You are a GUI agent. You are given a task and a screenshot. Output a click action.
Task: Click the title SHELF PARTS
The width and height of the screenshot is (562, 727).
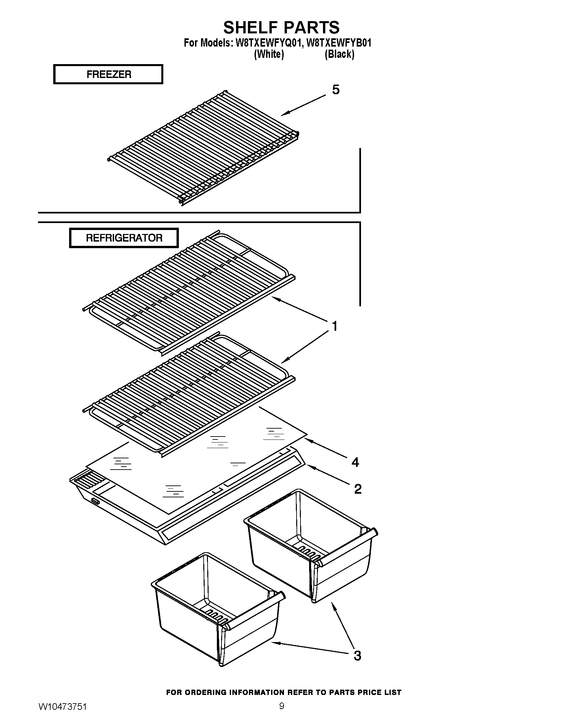click(x=281, y=27)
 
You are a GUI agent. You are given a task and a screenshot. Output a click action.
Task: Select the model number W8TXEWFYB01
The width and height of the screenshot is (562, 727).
click(x=339, y=43)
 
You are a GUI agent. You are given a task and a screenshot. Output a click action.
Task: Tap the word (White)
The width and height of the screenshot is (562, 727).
click(x=269, y=54)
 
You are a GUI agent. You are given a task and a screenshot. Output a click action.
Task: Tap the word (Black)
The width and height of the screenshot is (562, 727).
click(x=339, y=54)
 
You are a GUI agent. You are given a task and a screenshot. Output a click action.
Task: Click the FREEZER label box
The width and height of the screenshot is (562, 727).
click(x=108, y=74)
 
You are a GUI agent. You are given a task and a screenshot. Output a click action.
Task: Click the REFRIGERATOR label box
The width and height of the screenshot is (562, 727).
click(x=124, y=238)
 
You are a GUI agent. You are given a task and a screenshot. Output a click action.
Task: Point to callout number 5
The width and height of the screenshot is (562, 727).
click(x=336, y=90)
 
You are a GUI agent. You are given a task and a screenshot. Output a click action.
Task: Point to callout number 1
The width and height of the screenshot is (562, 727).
click(x=335, y=326)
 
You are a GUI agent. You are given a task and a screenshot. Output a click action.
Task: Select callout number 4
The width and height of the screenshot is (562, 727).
click(x=355, y=462)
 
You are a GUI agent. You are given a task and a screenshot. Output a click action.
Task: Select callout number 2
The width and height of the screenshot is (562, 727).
click(x=358, y=489)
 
